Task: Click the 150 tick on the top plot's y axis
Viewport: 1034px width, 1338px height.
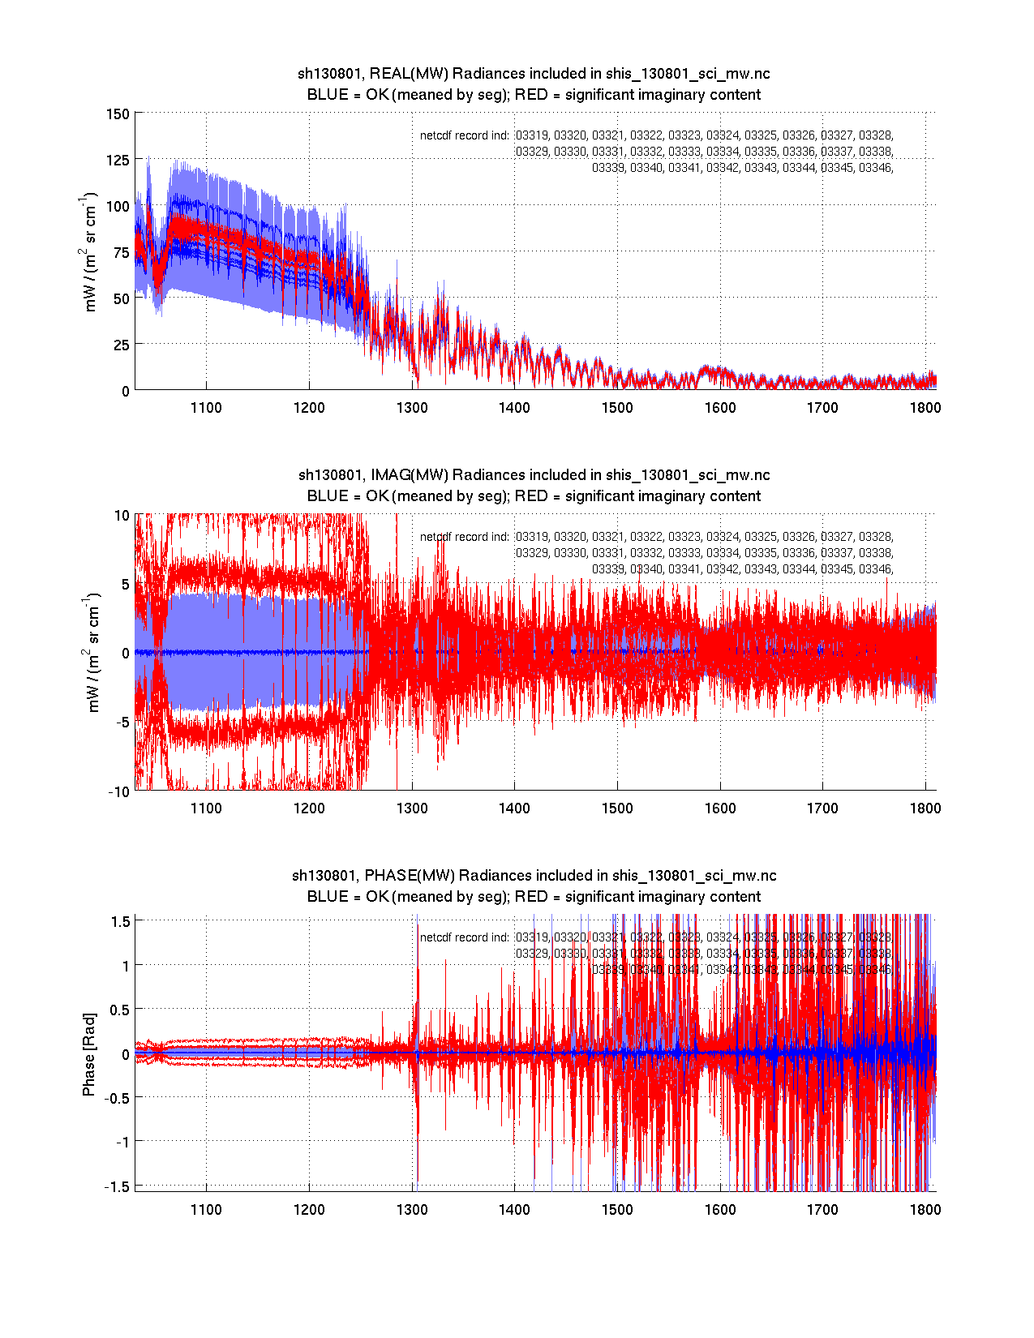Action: (x=118, y=114)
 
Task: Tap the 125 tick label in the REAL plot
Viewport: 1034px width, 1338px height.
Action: (x=118, y=161)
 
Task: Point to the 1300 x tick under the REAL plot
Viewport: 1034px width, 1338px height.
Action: (x=412, y=408)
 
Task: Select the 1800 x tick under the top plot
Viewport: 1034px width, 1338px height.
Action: (x=925, y=408)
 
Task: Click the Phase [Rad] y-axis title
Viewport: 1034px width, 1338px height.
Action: (x=89, y=1053)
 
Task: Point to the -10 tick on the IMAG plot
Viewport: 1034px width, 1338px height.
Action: (x=119, y=792)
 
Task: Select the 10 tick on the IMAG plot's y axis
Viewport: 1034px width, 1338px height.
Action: (x=122, y=516)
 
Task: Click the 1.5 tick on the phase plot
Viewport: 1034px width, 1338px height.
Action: (x=121, y=921)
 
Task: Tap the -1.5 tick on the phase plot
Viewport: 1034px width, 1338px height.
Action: (x=118, y=1186)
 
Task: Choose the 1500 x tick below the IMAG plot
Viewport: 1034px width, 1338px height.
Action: (x=617, y=808)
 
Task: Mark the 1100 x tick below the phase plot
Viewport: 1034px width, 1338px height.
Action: (x=206, y=1210)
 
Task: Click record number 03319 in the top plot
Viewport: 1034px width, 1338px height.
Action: (x=532, y=135)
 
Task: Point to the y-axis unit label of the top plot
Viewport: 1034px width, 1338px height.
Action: (x=90, y=251)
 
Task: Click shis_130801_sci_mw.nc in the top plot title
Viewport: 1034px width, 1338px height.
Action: (x=688, y=74)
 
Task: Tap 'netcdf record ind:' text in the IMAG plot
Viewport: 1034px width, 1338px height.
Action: (x=464, y=537)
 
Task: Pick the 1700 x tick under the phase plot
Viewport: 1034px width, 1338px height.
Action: (x=822, y=1210)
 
